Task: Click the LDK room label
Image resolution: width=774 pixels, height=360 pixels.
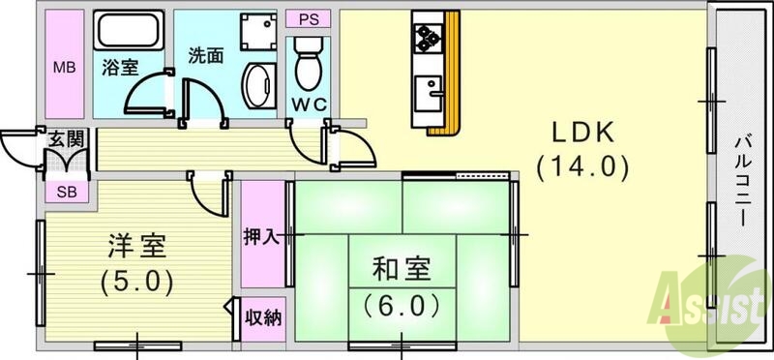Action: [583, 133]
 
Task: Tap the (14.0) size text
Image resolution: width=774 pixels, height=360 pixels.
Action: [583, 167]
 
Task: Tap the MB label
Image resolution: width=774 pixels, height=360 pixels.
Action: [64, 68]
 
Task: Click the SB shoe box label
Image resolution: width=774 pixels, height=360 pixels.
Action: [66, 190]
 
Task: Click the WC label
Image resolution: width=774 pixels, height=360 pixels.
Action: [310, 104]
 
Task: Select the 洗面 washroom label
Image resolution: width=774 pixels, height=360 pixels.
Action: [206, 55]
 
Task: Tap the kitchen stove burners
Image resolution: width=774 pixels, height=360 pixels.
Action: [428, 39]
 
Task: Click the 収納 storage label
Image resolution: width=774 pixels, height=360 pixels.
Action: [263, 316]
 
